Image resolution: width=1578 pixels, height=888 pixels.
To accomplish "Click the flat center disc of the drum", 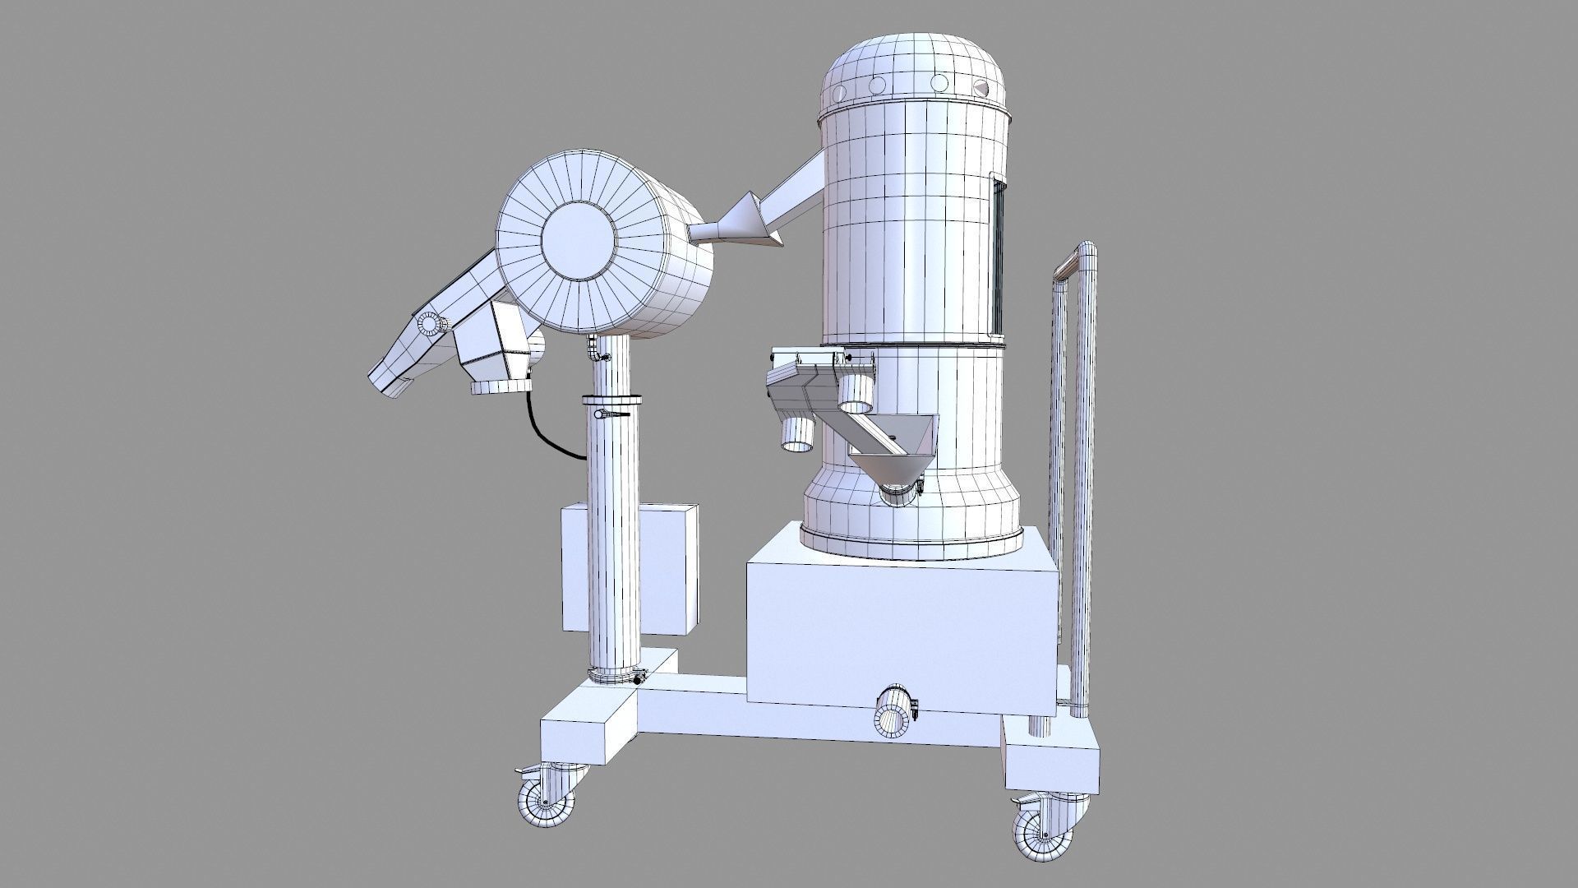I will tap(579, 238).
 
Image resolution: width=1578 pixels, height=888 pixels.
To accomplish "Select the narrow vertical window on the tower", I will tap(999, 255).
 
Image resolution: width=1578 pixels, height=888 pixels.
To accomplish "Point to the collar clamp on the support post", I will tap(612, 400).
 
